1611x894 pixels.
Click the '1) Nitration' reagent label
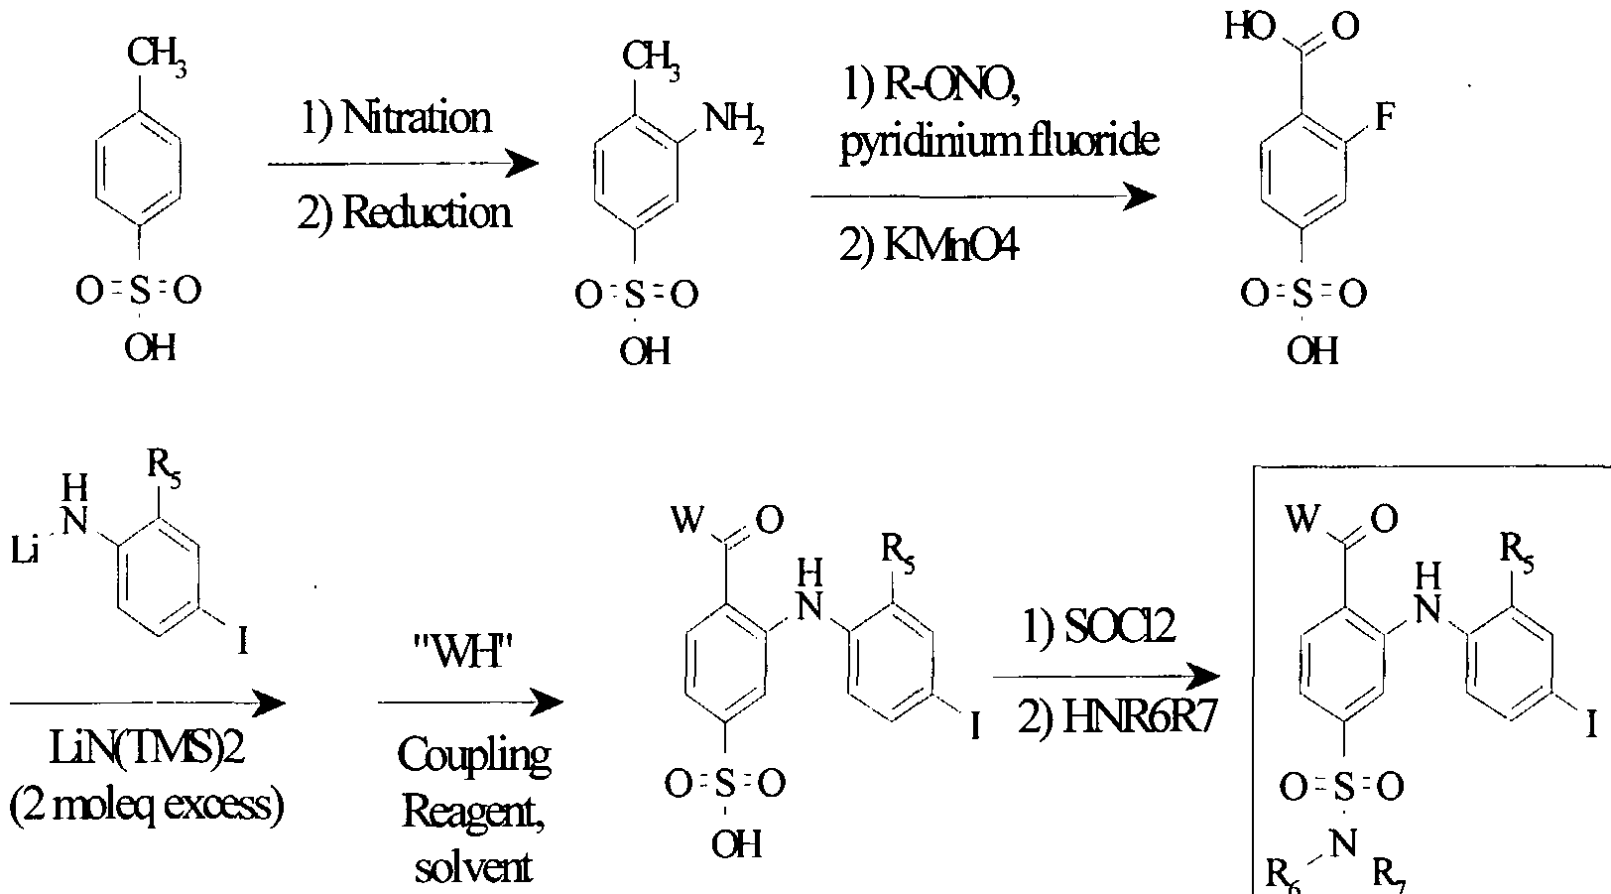pos(396,118)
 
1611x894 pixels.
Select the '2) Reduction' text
pos(404,212)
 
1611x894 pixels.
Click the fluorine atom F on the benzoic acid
pos(1385,117)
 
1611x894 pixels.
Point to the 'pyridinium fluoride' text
pos(999,143)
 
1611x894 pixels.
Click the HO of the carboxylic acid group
pos(1247,27)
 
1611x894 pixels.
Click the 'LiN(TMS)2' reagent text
pos(146,751)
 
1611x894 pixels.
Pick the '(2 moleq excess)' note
pos(147,805)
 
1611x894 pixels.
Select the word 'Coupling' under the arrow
pos(473,756)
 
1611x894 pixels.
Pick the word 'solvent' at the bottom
pos(473,868)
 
